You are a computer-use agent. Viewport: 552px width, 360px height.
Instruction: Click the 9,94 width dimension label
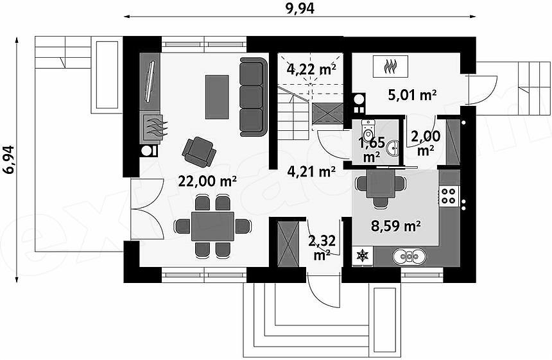[x=300, y=8]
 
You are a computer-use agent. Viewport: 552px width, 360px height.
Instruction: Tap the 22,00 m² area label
[x=207, y=181]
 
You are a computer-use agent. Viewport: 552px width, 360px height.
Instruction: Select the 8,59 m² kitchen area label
[x=397, y=226]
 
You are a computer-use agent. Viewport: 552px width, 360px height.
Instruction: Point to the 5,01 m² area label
[x=413, y=95]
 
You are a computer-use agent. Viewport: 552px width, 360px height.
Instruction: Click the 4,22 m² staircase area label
[x=311, y=69]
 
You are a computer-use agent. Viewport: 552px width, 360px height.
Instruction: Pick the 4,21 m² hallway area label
[x=311, y=171]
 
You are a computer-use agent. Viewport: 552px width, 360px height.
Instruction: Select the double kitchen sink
[x=409, y=257]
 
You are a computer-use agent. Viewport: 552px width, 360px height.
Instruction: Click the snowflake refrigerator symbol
[x=362, y=255]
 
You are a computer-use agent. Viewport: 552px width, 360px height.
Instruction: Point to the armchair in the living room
[x=199, y=151]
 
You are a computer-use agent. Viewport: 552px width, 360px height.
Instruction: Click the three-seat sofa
[x=252, y=97]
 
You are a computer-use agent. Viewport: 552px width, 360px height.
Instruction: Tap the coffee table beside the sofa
[x=217, y=97]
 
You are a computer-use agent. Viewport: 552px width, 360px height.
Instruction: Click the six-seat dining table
[x=212, y=227]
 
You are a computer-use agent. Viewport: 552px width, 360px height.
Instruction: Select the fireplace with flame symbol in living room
[x=152, y=128]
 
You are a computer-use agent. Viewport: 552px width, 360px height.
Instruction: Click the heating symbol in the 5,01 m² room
[x=390, y=66]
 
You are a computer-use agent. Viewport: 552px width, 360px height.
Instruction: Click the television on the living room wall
[x=150, y=81]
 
